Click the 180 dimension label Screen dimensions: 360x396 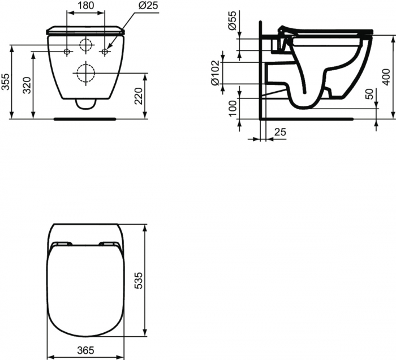[85, 5]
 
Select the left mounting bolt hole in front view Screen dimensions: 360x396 [67, 52]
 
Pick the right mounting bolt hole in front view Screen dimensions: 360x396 [104, 52]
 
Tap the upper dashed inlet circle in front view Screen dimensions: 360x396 [85, 44]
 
